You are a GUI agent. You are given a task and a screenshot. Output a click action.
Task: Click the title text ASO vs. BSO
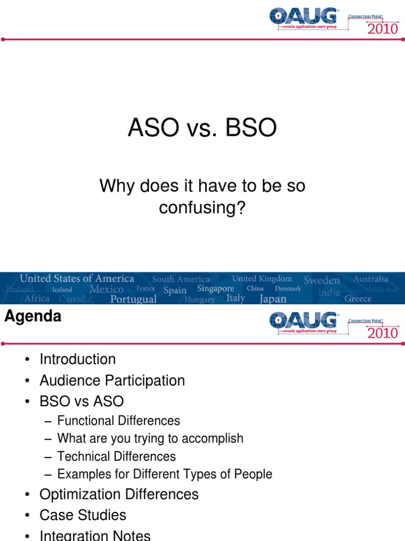[202, 129]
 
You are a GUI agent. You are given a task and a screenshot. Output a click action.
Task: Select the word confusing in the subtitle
[202, 208]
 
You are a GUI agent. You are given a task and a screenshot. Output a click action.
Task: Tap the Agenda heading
[33, 316]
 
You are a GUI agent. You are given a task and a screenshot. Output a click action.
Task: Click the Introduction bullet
[78, 359]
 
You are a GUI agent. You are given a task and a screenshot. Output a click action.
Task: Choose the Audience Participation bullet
[112, 380]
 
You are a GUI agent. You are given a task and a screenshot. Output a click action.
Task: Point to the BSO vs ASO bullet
[81, 402]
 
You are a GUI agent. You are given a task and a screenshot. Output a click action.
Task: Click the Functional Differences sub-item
[118, 421]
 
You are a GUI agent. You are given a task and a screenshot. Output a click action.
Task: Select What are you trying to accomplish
[150, 439]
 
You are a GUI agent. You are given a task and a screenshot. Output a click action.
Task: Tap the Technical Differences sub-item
[116, 456]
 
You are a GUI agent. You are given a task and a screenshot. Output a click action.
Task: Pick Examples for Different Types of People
[165, 474]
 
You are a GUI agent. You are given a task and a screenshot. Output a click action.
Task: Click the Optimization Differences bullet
[119, 495]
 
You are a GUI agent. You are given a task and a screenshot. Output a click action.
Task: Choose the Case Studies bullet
[83, 515]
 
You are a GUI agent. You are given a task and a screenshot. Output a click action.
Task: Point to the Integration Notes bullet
[95, 535]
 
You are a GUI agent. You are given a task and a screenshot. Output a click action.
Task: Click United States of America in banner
[77, 278]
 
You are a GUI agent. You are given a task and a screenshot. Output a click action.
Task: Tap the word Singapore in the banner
[215, 288]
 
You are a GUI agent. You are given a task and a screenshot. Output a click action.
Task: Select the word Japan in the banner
[273, 299]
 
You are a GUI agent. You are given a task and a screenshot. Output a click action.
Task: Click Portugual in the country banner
[133, 299]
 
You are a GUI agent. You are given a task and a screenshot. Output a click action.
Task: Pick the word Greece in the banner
[358, 299]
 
